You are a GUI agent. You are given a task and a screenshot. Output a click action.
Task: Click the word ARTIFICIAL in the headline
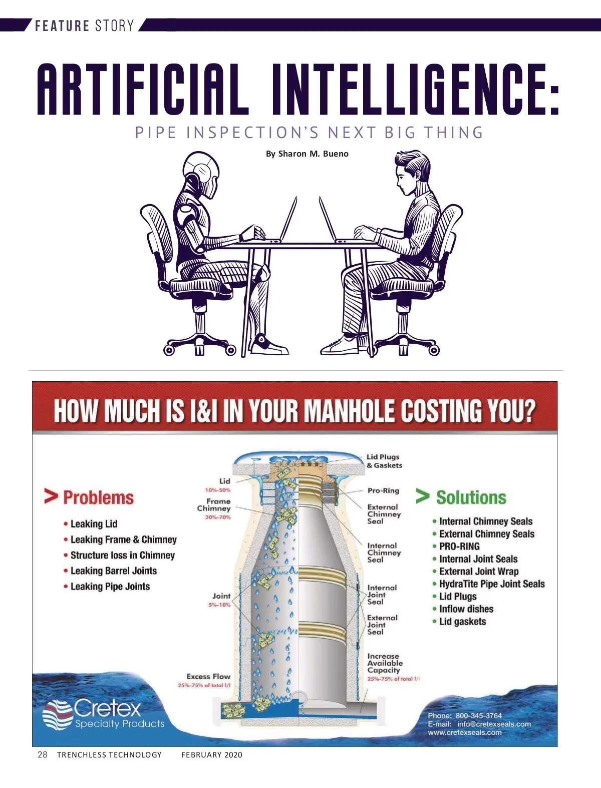[x=143, y=90]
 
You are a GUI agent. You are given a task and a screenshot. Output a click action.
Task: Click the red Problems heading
[x=99, y=498]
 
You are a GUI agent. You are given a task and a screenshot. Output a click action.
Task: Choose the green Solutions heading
[x=471, y=498]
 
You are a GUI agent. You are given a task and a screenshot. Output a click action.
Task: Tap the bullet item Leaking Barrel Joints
[x=114, y=571]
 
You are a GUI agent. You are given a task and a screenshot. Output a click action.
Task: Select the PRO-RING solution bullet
[x=459, y=546]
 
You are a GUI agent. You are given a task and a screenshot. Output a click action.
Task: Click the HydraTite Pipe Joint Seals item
[x=492, y=584]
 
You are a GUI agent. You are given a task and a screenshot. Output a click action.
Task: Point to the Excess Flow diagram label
[x=208, y=676]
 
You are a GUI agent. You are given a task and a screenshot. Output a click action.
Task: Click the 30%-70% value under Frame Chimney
[x=218, y=517]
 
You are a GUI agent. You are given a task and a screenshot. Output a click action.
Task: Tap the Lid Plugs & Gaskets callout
[x=384, y=461]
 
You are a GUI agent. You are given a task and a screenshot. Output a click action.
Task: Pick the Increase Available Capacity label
[x=385, y=663]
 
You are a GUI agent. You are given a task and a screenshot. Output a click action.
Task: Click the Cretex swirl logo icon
[x=58, y=714]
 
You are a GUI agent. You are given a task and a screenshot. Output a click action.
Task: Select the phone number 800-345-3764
[x=478, y=715]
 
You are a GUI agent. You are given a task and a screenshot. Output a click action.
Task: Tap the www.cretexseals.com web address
[x=464, y=732]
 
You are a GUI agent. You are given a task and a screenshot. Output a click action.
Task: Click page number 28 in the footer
[x=43, y=754]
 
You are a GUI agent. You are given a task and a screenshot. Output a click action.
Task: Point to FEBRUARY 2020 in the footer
[x=211, y=755]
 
